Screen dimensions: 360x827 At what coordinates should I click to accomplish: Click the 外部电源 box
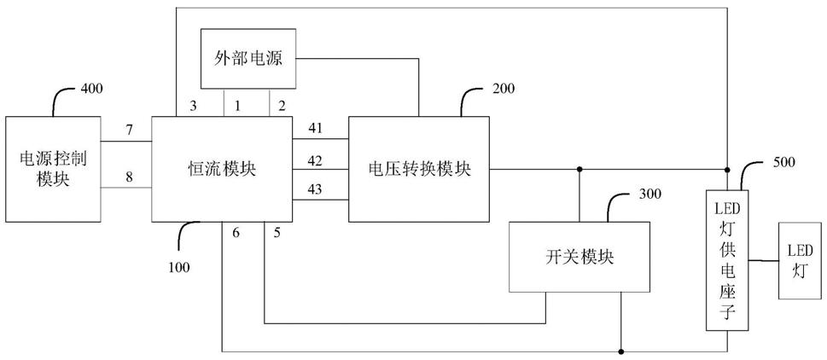pyautogui.click(x=248, y=59)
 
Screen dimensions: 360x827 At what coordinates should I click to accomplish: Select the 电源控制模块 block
pyautogui.click(x=53, y=169)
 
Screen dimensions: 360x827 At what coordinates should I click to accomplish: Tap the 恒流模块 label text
pyautogui.click(x=222, y=169)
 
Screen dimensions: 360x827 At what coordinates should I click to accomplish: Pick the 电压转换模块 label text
pyautogui.click(x=419, y=169)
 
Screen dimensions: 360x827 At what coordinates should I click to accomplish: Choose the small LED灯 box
pyautogui.click(x=800, y=259)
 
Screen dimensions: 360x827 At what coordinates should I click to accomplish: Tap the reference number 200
pyautogui.click(x=504, y=89)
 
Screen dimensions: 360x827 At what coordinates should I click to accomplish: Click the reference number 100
pyautogui.click(x=178, y=267)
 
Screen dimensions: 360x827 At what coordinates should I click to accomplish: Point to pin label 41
pyautogui.click(x=315, y=128)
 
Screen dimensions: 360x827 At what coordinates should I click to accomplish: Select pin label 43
pyautogui.click(x=315, y=189)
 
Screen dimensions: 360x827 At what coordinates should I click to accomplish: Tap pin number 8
pyautogui.click(x=129, y=178)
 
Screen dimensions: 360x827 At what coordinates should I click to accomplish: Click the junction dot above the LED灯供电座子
pyautogui.click(x=728, y=169)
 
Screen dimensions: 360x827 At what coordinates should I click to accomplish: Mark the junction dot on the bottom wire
pyautogui.click(x=620, y=351)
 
